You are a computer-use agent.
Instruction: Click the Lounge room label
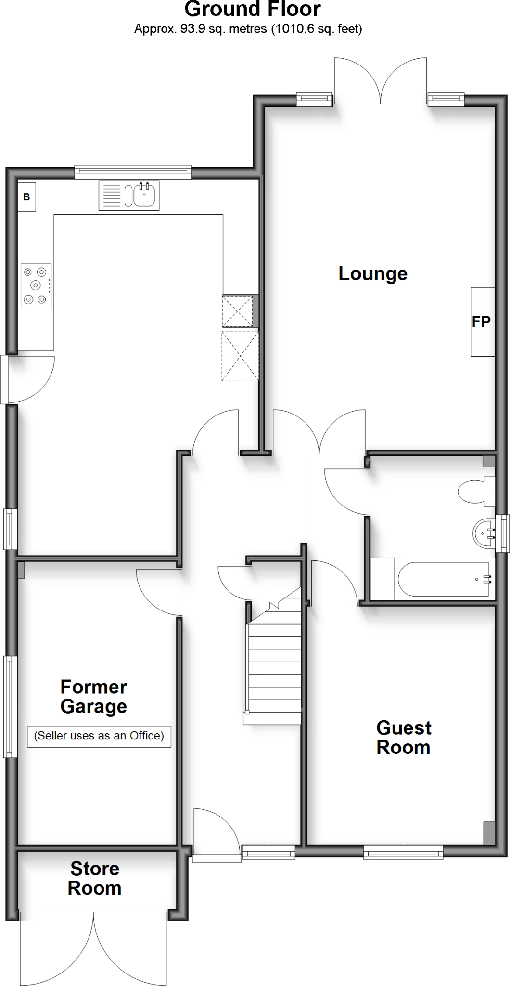point(373,273)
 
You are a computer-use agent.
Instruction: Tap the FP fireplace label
point(481,322)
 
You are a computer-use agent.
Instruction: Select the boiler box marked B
point(26,196)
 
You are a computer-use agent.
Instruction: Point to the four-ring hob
point(36,285)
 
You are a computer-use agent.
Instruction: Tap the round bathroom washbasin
point(484,533)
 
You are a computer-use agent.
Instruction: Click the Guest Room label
point(404,738)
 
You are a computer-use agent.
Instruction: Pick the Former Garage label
point(94,697)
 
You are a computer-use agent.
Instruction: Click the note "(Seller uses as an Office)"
point(99,736)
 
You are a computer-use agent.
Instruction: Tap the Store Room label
point(95,878)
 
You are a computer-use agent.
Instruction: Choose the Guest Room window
point(403,854)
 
